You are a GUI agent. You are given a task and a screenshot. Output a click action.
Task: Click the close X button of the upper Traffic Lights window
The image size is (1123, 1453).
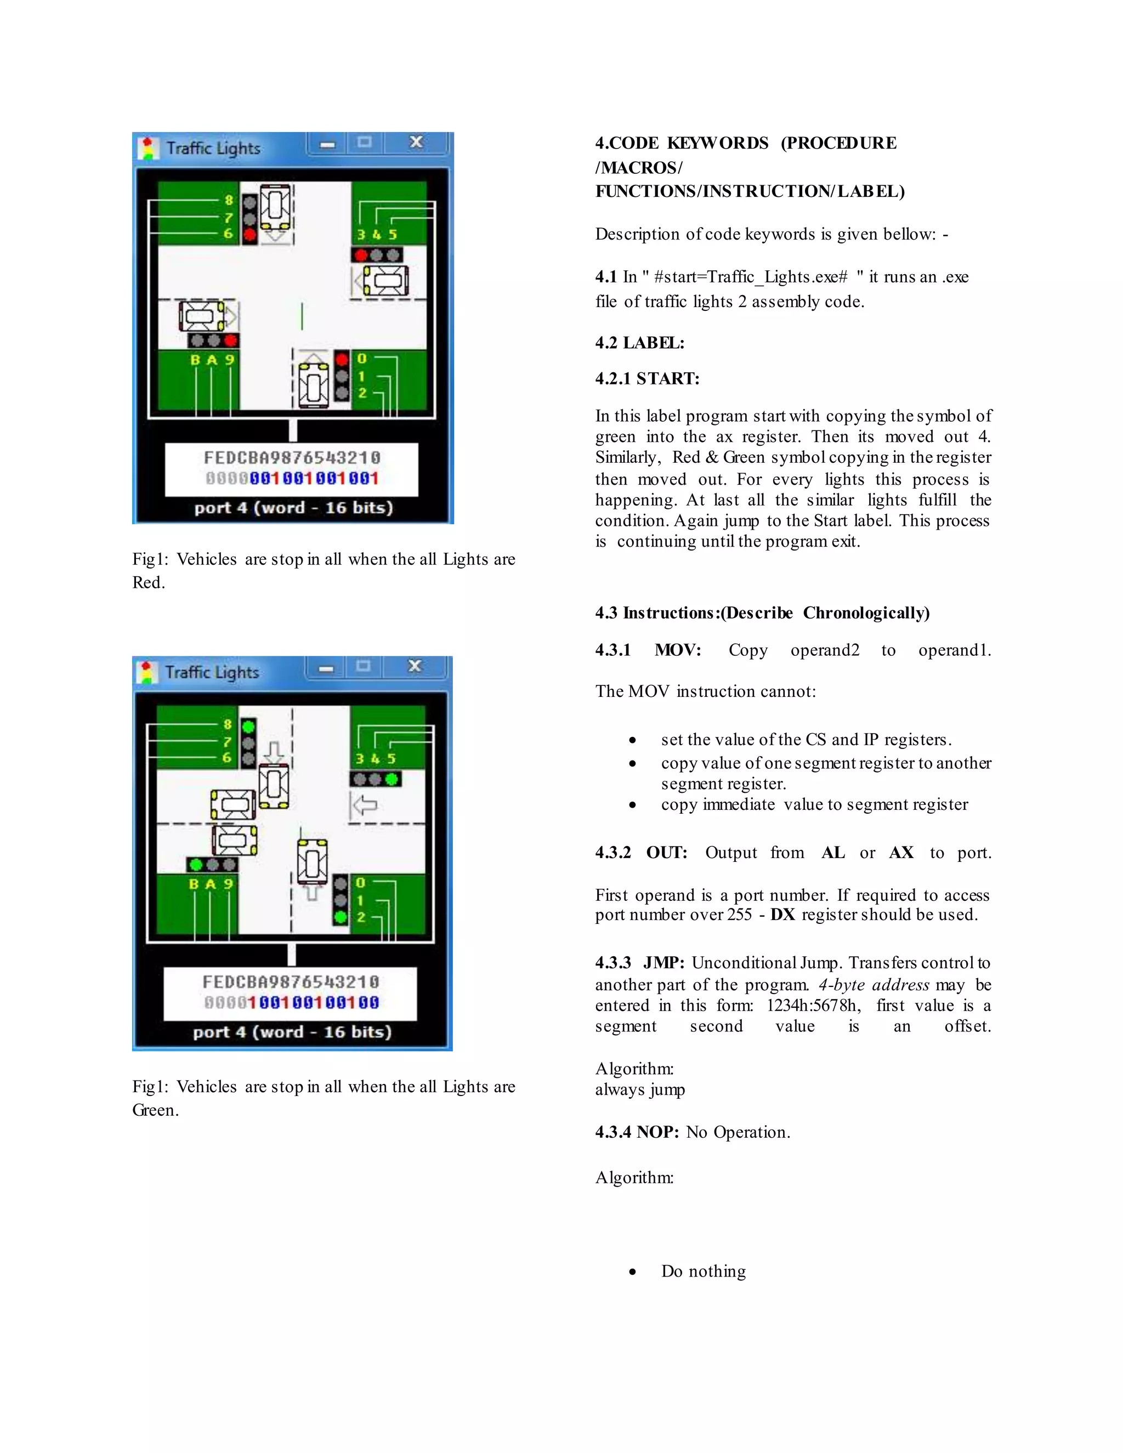[417, 143]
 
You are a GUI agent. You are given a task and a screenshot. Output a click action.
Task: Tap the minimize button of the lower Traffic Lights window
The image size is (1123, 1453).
[326, 667]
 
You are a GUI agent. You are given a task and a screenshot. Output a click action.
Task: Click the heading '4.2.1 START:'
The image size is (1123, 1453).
[648, 378]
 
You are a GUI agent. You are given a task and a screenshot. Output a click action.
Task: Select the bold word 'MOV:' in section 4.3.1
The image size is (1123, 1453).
[677, 650]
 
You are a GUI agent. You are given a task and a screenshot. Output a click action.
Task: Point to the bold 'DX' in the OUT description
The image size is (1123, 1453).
[782, 915]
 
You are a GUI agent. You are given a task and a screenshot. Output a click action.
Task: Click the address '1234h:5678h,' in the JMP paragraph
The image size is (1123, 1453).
[813, 1005]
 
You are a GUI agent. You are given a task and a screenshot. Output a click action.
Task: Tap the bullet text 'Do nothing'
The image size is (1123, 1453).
[703, 1272]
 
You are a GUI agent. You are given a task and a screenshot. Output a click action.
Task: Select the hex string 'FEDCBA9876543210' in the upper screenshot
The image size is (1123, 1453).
[292, 458]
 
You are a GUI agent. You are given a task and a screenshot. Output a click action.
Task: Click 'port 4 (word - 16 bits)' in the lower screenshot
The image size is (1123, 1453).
[292, 1032]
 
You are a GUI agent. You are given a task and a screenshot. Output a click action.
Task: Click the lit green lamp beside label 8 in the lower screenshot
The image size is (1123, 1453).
[249, 726]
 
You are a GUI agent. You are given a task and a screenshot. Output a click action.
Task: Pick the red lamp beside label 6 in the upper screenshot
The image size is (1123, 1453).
[250, 234]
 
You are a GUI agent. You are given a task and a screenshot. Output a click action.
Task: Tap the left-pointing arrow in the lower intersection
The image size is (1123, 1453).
[365, 805]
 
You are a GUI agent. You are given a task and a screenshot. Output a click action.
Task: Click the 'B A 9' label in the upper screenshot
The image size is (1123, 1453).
[212, 360]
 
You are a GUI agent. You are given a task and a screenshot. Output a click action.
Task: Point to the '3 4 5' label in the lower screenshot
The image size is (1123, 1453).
[375, 758]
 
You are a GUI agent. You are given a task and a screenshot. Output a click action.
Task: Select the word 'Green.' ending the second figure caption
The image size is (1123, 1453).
[155, 1110]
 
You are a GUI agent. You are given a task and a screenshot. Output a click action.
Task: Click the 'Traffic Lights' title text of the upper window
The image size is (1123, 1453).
[213, 149]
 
